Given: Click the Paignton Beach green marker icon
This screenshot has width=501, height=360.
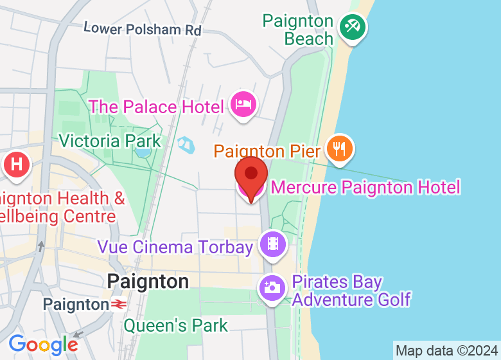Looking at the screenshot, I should tap(352, 27).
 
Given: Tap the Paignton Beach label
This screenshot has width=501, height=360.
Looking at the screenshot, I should tap(299, 30).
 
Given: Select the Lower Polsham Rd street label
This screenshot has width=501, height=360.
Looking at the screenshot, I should tap(143, 29).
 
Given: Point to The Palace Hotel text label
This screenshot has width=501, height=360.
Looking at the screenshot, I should tap(156, 106).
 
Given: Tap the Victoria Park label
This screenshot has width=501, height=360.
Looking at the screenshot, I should tap(109, 140).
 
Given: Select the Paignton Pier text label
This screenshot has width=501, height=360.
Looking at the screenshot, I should tap(267, 151).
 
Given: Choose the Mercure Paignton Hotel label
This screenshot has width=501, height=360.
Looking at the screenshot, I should tap(365, 187).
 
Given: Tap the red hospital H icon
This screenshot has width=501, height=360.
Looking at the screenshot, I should tap(17, 165).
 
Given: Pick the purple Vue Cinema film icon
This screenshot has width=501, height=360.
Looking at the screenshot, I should tap(273, 244).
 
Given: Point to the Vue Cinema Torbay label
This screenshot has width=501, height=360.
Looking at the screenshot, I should tap(175, 246).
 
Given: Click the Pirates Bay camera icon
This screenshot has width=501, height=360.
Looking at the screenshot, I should tap(272, 287).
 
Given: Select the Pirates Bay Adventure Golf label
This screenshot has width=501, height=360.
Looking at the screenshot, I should tap(351, 291).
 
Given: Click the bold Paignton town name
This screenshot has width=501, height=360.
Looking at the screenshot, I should tap(148, 281).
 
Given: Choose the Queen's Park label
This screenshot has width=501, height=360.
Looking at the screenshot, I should tap(175, 325).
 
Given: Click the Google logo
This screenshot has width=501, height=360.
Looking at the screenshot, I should tap(44, 345).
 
